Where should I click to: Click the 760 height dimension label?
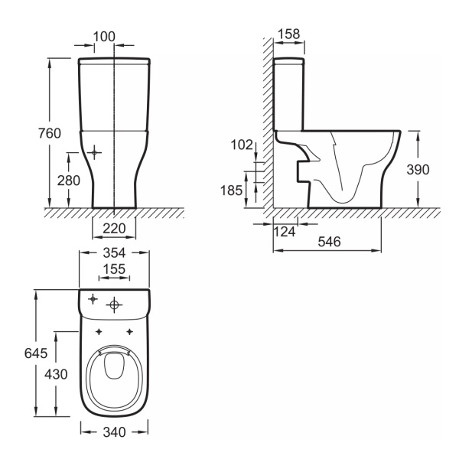point(50,133)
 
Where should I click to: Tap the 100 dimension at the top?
point(104,37)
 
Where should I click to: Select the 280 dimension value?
point(69,181)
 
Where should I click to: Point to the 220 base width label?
point(114,228)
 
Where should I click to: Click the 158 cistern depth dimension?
point(289,34)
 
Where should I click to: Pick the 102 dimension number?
point(242,145)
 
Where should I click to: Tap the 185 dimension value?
point(231,190)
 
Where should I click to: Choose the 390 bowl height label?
point(418,170)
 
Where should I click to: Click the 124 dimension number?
point(285,232)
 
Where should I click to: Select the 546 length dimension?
point(329,242)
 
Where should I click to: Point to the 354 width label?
point(114,253)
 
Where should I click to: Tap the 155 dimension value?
point(114,269)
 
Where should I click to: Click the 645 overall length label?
point(36,353)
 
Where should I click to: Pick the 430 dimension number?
point(56,374)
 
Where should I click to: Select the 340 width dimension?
point(114,432)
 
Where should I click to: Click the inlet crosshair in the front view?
point(94,152)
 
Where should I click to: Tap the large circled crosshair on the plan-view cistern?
point(115,305)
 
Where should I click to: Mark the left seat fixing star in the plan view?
point(99,332)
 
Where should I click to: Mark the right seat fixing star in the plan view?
point(130,332)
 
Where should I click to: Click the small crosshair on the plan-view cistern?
point(93,299)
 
